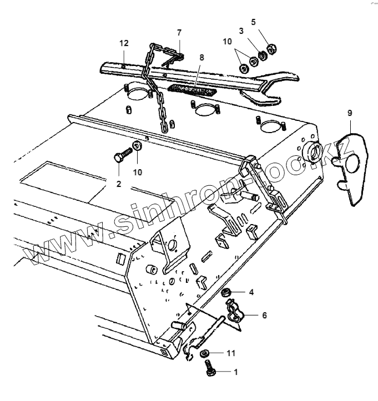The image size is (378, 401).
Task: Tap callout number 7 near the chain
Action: (x=179, y=33)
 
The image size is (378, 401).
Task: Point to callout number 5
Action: (x=253, y=23)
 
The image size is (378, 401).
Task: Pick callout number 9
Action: (x=349, y=113)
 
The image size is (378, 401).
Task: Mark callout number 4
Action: (x=251, y=291)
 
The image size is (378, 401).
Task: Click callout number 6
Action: (x=264, y=315)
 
